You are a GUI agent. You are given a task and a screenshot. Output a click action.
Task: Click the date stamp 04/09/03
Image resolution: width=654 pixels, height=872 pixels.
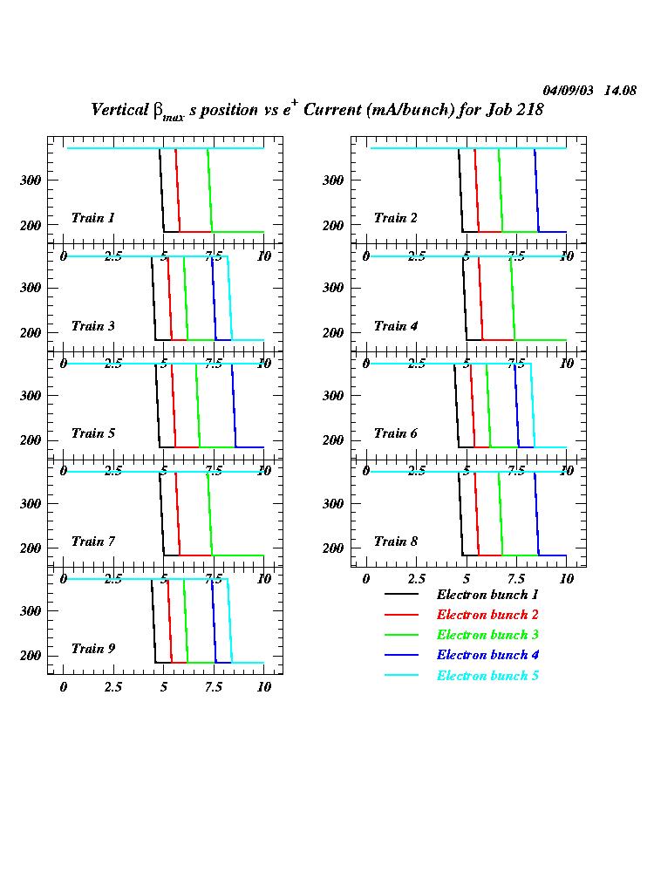coord(569,90)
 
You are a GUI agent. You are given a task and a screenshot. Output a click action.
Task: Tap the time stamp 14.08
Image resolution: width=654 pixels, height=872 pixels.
coord(620,90)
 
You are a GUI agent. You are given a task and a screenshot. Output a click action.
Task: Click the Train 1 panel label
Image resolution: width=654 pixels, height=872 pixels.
coord(92,218)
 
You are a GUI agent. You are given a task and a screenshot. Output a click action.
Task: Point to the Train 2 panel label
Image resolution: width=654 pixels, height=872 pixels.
coord(395,218)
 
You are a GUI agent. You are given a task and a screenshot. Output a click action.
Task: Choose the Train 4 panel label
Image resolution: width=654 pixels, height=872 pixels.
coord(395,326)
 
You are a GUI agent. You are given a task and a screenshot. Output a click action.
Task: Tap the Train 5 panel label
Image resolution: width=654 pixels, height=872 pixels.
coord(92,433)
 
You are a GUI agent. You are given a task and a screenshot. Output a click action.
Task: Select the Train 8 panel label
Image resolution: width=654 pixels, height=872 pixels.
coord(395,542)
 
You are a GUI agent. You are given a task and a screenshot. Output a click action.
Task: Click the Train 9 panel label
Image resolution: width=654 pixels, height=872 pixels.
coord(92,649)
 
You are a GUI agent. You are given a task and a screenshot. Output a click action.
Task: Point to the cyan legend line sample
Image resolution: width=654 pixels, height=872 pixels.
coord(402,676)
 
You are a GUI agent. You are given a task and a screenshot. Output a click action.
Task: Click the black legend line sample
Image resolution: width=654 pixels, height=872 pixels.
coord(402,595)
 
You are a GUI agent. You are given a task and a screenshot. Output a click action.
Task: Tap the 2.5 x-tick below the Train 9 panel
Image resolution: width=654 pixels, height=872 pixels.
coord(113,688)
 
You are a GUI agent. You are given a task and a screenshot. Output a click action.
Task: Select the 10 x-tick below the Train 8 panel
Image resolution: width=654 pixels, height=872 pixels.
coord(566,580)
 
